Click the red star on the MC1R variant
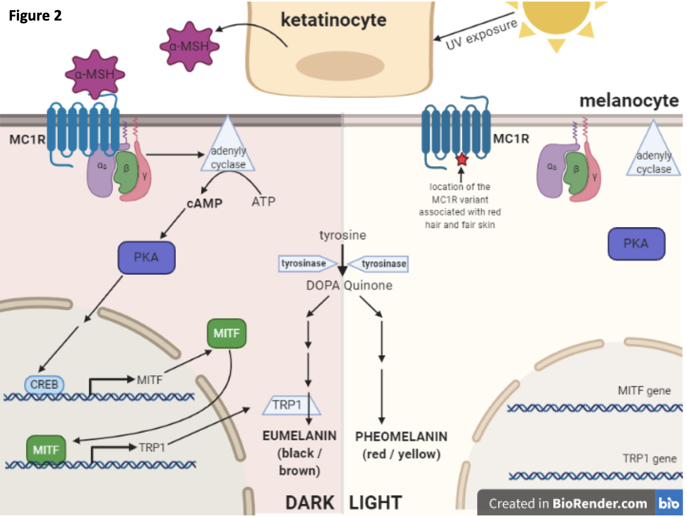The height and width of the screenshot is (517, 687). pos(461,160)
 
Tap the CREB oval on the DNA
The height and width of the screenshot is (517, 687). pos(44,385)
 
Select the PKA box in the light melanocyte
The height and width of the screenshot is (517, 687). pos(636,244)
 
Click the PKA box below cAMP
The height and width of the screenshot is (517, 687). pos(147,257)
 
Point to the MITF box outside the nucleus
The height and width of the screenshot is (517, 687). pos(227,333)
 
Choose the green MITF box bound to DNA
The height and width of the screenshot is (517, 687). pos(46,450)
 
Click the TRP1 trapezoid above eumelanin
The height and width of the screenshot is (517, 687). pos(291,405)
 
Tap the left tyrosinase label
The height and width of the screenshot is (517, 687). pos(304,263)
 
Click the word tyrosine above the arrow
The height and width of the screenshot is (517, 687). pos(342,235)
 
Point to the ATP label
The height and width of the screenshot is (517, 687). pos(263,202)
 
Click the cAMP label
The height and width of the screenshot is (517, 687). pos(204,203)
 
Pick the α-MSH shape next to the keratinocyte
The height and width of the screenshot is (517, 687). pos(189,47)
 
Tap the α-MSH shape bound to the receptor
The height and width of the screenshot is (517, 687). pos(95,74)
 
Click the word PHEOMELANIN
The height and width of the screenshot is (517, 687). pos(401,436)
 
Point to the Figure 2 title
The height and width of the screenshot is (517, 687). pos(35,15)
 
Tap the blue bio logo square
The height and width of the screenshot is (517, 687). pos(669,503)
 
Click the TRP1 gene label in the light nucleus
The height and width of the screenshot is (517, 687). pos(649,459)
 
